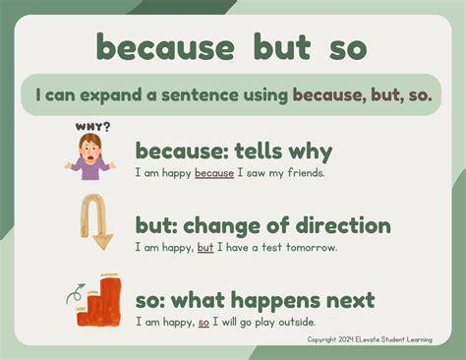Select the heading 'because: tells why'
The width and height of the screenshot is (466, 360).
tap(234, 151)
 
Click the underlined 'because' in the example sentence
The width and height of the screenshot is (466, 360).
tap(214, 173)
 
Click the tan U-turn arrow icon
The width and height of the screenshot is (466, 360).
tap(96, 221)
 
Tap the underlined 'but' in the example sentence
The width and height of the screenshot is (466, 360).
tap(204, 247)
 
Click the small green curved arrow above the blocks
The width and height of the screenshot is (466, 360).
tap(72, 291)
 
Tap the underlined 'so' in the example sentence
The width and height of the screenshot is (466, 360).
tap(204, 321)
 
